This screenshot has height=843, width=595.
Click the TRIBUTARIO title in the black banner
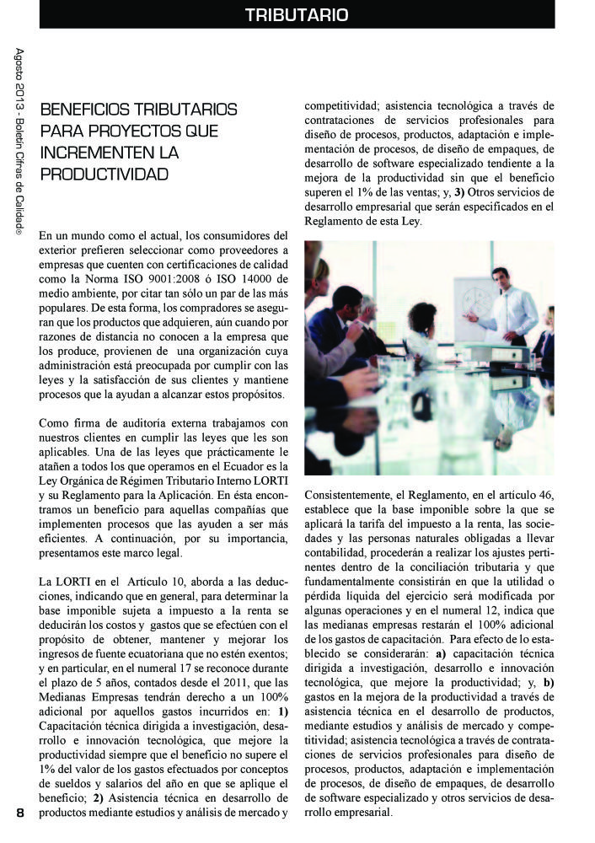point(297,15)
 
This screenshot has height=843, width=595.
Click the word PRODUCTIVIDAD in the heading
point(105,175)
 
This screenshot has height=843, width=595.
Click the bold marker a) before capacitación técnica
point(440,653)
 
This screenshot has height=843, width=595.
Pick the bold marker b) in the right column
point(548,682)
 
